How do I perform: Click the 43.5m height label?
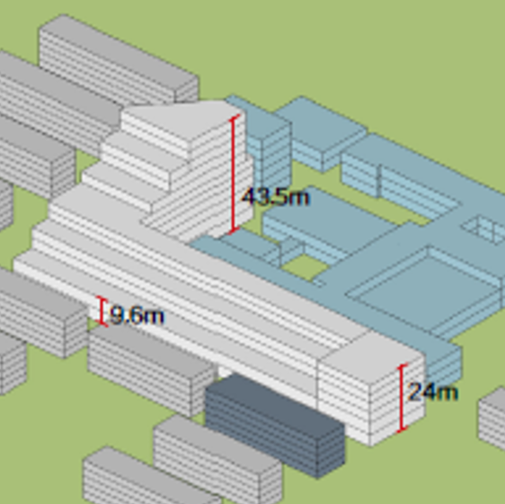[x=276, y=197]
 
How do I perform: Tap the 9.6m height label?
[x=137, y=316]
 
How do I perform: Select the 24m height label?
[x=432, y=392]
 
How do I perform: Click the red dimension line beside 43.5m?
[x=235, y=174]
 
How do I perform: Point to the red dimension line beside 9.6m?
[x=102, y=311]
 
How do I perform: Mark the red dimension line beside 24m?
[x=402, y=398]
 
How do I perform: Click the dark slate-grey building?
[x=275, y=426]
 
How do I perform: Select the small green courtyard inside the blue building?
[x=304, y=267]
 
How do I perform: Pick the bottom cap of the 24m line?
[x=402, y=429]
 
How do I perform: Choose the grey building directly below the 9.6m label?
[x=151, y=371]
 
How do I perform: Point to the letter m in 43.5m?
[x=298, y=198]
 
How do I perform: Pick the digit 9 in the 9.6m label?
[x=116, y=316]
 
